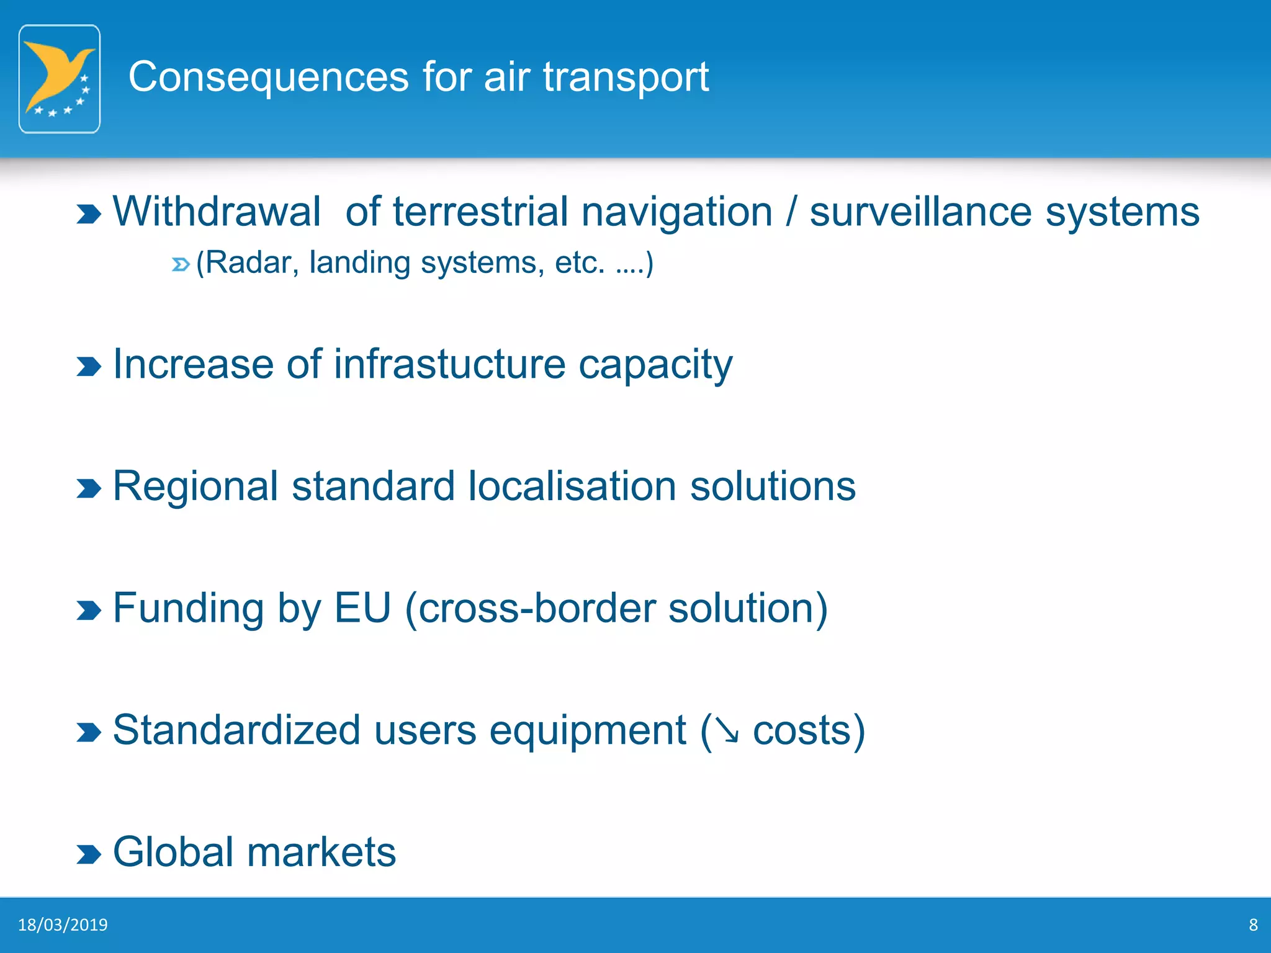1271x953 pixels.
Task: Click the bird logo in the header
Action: point(60,79)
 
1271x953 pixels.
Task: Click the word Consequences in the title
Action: point(268,77)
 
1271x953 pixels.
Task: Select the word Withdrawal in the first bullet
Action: point(217,212)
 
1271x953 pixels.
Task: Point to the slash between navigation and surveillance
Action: point(791,212)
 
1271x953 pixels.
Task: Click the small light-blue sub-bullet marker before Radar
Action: point(180,265)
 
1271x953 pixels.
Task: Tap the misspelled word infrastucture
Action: point(449,364)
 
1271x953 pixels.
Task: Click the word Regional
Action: point(195,486)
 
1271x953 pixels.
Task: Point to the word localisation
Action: point(572,486)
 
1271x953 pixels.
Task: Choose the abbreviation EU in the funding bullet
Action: point(362,608)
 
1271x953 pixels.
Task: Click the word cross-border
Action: point(537,608)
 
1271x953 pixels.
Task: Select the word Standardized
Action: point(236,730)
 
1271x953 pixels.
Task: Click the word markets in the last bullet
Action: point(321,852)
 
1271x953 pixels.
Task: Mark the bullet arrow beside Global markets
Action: point(88,854)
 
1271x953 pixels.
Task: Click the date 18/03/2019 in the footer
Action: point(63,925)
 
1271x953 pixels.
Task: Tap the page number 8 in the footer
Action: point(1253,925)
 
